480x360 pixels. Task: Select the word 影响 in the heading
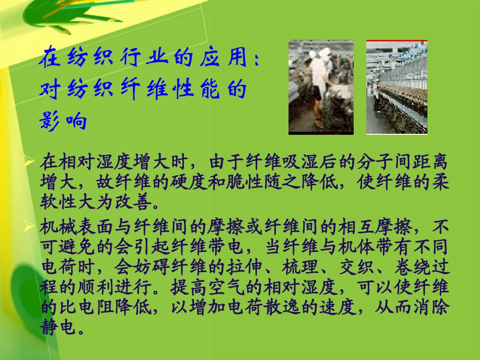click(63, 121)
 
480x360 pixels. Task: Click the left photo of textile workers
click(321, 87)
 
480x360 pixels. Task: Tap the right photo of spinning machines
click(397, 87)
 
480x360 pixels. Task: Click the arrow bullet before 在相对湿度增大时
click(31, 162)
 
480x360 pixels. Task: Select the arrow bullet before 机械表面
click(31, 228)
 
